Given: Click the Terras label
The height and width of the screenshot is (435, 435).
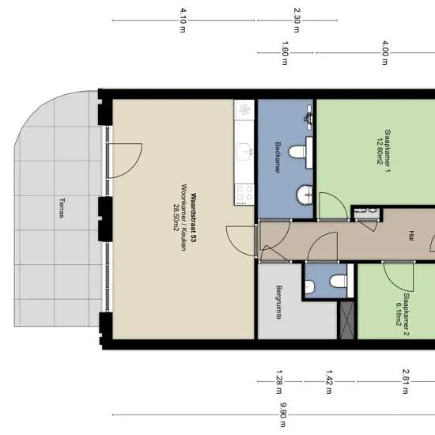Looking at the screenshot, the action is click(x=62, y=208).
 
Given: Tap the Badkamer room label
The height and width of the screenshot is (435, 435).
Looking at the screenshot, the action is click(x=278, y=157).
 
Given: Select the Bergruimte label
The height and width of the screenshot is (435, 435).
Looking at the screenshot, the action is click(x=279, y=302).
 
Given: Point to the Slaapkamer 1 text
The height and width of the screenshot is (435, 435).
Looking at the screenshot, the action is click(x=388, y=150).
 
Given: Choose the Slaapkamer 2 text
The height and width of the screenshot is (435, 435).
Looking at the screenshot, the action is click(x=407, y=314).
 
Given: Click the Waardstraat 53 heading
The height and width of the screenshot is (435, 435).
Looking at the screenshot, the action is click(x=193, y=217).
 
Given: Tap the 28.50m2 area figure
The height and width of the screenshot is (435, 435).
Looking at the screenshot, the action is click(x=176, y=217).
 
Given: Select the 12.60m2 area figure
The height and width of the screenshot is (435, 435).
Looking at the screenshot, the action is click(x=380, y=150).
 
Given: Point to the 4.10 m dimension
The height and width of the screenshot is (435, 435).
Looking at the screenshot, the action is click(x=183, y=21).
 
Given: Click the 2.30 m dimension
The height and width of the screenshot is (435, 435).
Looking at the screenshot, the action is click(x=297, y=21).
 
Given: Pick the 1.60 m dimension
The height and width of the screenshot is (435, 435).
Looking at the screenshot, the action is click(x=285, y=53).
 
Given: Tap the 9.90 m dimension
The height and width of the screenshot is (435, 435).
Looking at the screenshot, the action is click(x=283, y=415).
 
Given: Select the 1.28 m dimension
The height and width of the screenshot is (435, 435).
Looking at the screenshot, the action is click(x=279, y=382).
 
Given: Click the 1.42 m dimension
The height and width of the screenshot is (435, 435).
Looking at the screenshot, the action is click(x=329, y=382).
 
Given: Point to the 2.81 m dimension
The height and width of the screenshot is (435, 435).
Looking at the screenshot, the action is click(x=406, y=382).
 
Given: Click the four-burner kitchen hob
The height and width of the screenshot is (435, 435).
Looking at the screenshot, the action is click(x=244, y=195).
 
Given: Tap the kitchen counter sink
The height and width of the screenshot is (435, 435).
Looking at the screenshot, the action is click(x=245, y=152).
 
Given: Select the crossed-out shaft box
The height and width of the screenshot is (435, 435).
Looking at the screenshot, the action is click(x=347, y=320).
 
